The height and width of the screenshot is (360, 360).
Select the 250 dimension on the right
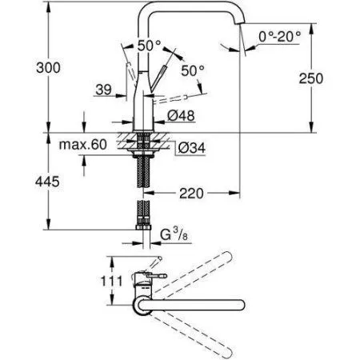coord(334,78)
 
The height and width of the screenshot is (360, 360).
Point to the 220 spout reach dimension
coord(190,192)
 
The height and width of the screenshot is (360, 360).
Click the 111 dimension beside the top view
coord(93,282)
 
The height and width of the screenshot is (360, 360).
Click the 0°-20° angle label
coord(282,36)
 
